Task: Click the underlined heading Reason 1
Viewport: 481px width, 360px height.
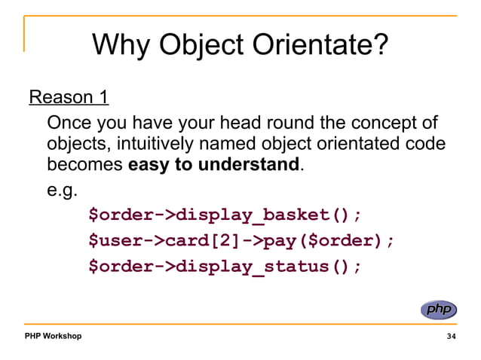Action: point(69,98)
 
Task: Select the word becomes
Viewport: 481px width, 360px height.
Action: point(83,163)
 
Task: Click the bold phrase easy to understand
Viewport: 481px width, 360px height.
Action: point(214,163)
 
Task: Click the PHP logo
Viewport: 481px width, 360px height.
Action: point(438,310)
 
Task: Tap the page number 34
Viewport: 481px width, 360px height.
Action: point(451,336)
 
